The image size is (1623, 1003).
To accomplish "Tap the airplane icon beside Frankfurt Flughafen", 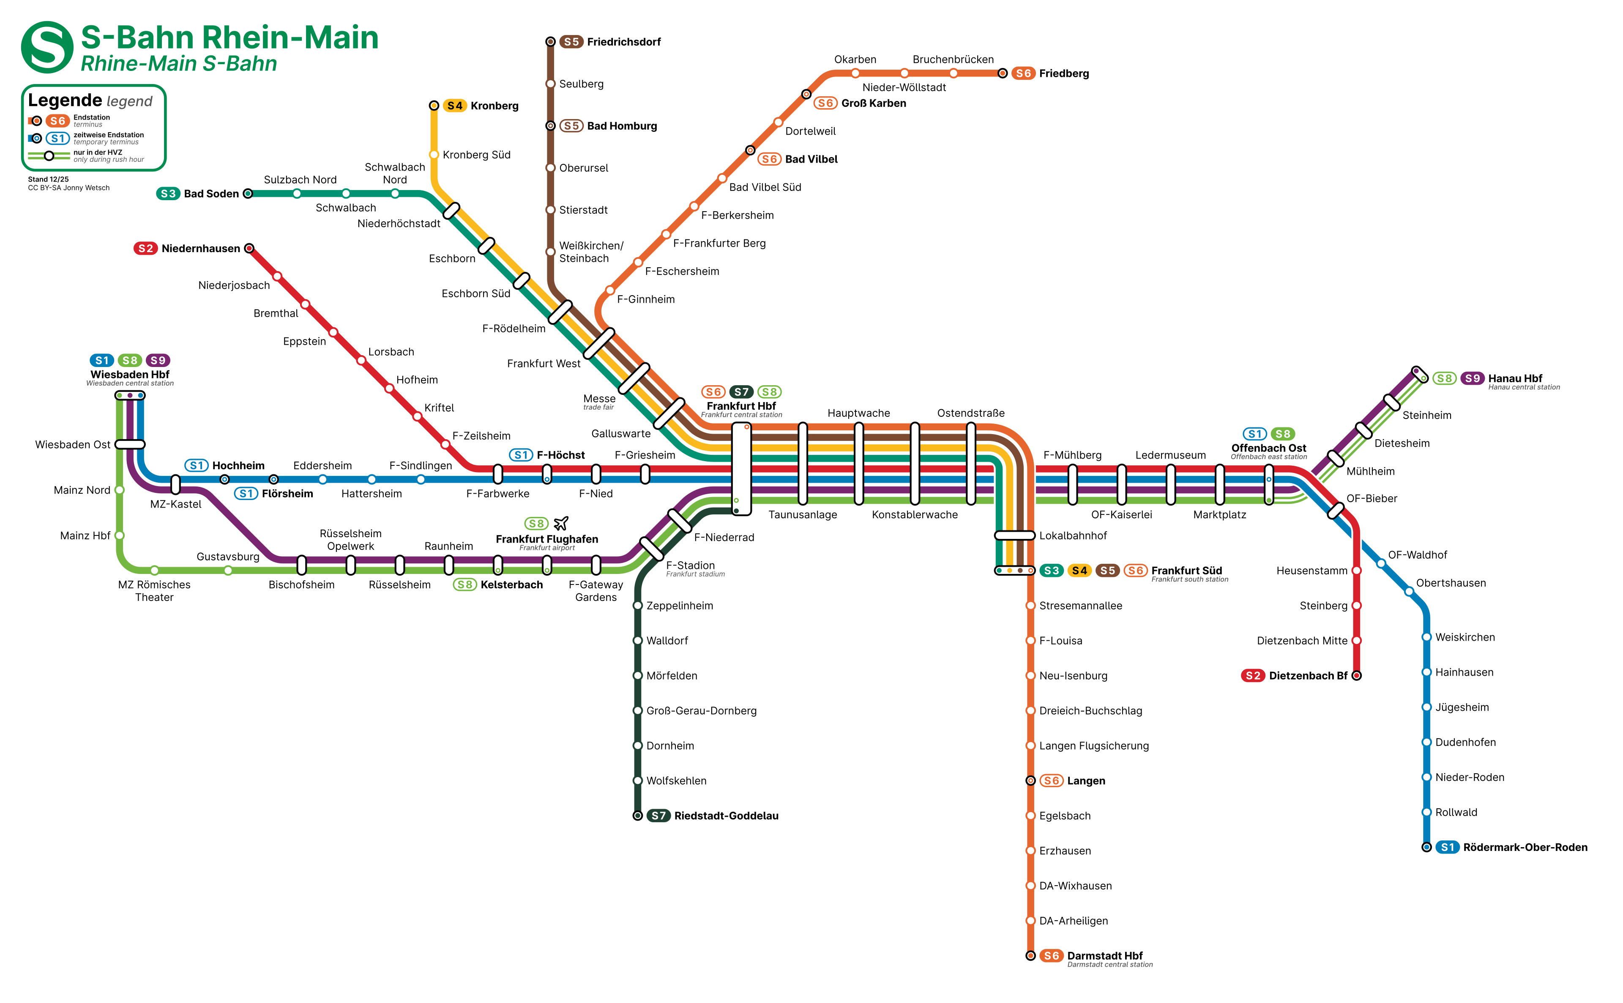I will click(561, 523).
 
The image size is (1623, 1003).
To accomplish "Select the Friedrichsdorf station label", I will click(623, 42).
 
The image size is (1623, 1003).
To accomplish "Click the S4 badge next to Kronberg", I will click(455, 106).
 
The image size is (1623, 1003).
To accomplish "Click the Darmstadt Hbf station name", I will click(1104, 955).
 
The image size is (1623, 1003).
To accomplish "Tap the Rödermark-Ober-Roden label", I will click(1525, 847).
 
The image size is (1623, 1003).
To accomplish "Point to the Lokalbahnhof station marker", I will click(1014, 535).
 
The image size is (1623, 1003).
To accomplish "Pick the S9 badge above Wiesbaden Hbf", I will click(158, 360).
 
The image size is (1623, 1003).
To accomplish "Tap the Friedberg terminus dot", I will click(1003, 73).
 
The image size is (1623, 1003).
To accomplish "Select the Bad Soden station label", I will click(211, 194).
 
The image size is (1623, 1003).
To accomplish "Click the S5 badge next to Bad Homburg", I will click(571, 126).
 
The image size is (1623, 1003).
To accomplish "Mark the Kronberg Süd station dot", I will click(434, 155).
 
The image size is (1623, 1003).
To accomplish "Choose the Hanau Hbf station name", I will click(1515, 378).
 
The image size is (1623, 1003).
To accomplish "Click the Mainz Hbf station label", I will click(85, 535).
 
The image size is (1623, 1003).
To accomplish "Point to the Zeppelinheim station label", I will click(680, 606).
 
